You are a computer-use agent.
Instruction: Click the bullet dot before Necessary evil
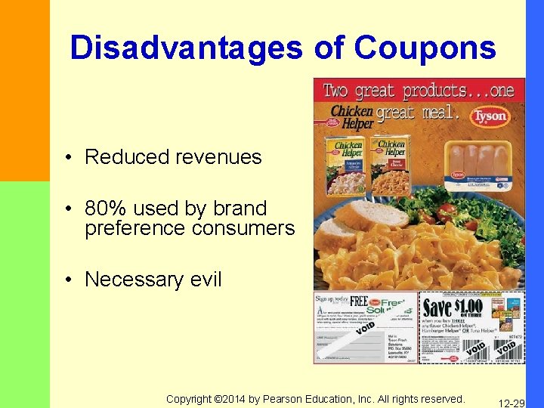(68, 280)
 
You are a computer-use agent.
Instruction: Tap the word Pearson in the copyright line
(286, 398)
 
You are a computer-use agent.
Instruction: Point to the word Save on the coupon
(437, 308)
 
